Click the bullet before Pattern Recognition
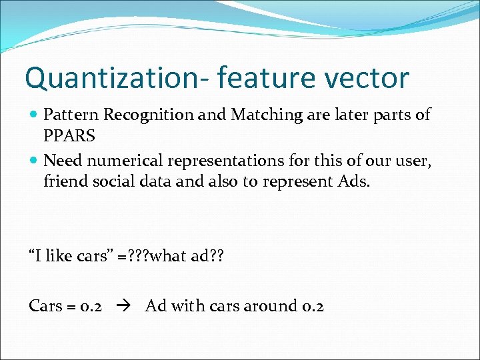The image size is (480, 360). [x=34, y=115]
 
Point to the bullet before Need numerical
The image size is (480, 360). [x=34, y=161]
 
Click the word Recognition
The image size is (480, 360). [x=150, y=115]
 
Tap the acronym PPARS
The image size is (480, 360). [x=69, y=135]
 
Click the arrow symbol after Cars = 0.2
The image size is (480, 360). [x=125, y=306]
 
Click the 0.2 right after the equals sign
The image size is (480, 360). [x=90, y=306]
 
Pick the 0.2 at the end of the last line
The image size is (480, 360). [x=311, y=306]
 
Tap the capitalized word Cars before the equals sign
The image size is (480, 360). [x=46, y=306]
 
